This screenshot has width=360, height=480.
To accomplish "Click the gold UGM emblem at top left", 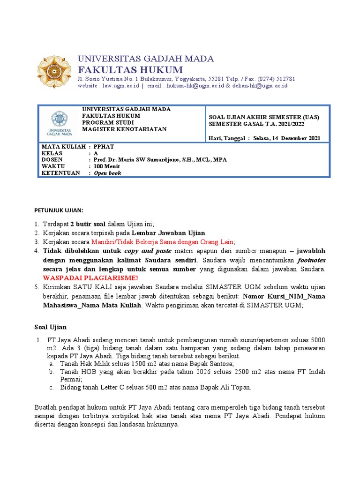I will click(54, 71).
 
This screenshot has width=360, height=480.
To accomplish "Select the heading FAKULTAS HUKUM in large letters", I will click(130, 70).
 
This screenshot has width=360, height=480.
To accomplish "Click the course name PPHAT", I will click(104, 146).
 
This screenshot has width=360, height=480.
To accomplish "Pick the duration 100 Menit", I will click(107, 166).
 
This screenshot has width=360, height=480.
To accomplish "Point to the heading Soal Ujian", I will click(51, 327).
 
